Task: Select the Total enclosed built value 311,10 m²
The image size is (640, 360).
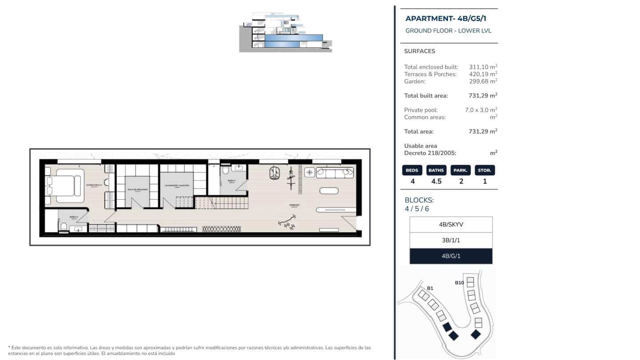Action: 483,67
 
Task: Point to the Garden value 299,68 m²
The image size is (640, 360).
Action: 483,81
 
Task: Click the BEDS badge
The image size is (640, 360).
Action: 412,170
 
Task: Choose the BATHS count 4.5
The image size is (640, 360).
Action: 436,181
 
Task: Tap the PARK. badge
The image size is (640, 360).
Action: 461,170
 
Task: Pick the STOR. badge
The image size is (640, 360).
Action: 484,170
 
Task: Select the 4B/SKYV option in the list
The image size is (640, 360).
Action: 451,224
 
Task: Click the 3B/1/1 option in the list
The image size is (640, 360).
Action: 451,240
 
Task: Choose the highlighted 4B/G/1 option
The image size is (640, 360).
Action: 451,256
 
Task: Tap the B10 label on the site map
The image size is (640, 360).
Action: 459,283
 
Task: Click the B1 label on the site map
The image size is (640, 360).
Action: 430,288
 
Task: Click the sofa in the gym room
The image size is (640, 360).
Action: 335,172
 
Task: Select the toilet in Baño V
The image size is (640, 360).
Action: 225,170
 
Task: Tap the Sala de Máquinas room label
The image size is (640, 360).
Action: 137,189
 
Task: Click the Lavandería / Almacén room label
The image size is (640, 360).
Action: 177,185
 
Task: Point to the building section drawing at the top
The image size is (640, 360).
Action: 285,32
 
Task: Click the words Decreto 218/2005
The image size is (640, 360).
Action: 430,153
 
